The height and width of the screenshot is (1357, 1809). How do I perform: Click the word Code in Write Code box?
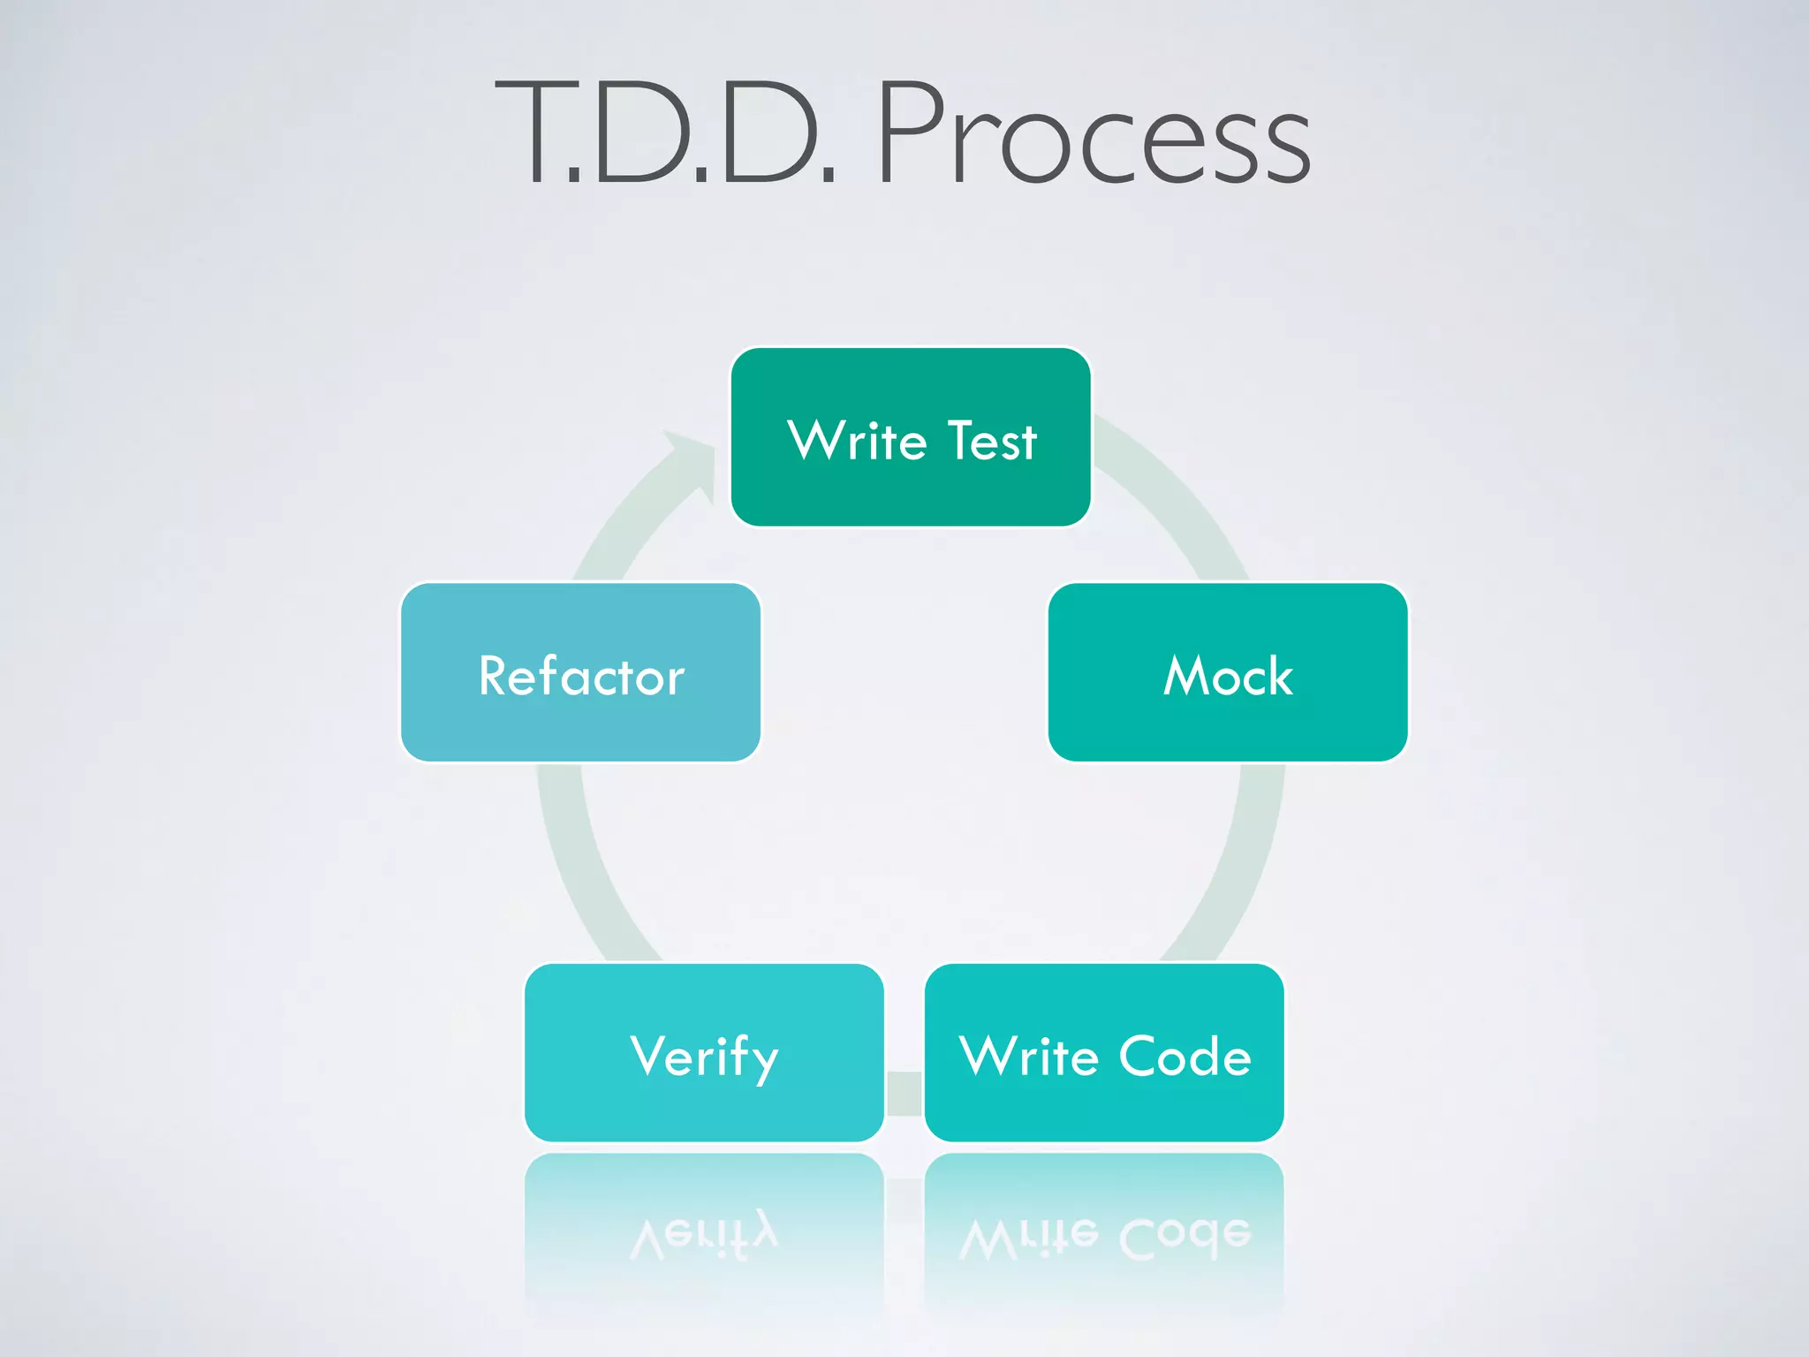pyautogui.click(x=1185, y=1056)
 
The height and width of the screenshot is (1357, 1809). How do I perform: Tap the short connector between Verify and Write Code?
pyautogui.click(x=904, y=1093)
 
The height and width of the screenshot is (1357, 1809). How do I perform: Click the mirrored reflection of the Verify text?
pyautogui.click(x=704, y=1237)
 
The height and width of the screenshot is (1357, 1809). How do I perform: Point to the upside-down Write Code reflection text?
pyautogui.click(x=1104, y=1237)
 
